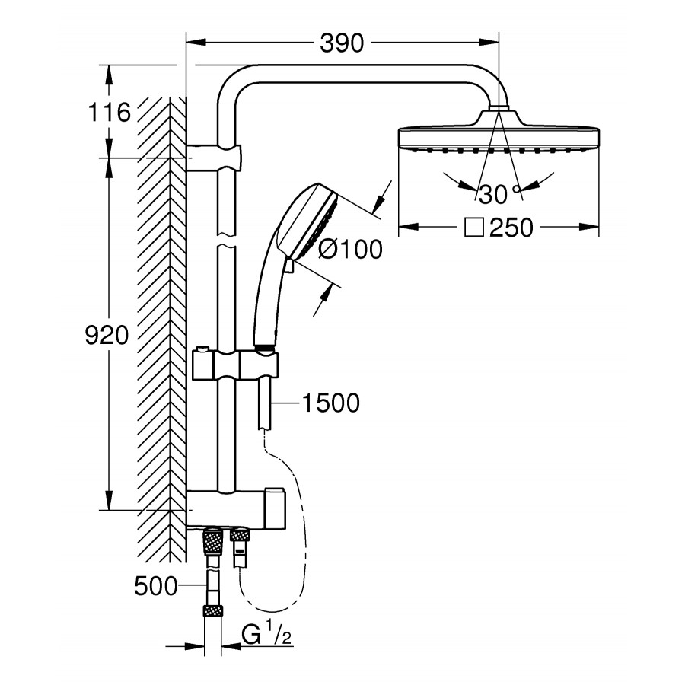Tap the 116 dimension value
[x=109, y=113]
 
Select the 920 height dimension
[x=107, y=335]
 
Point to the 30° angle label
[x=499, y=195]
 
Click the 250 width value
[x=511, y=228]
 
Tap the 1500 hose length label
[x=330, y=403]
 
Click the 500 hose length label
[x=155, y=586]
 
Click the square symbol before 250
[x=474, y=228]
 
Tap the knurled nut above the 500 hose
[x=213, y=542]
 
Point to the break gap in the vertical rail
[x=227, y=239]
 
